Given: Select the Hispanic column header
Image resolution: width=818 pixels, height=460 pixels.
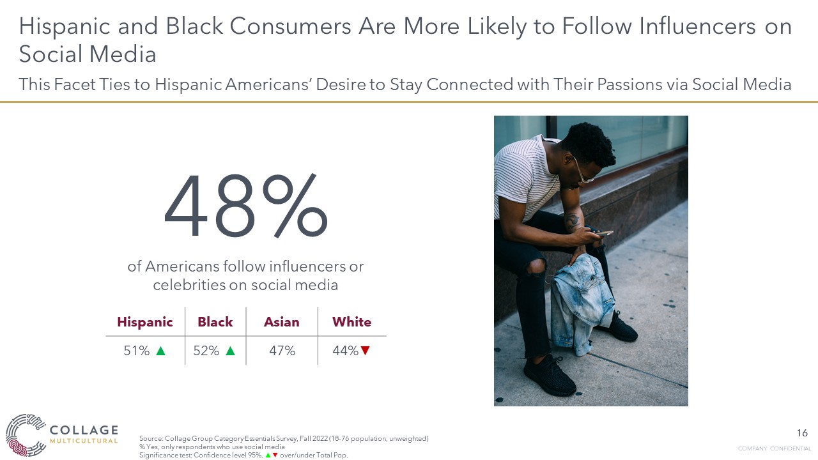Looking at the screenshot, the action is [145, 322].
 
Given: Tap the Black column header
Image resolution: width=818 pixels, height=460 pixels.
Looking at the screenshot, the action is [215, 321].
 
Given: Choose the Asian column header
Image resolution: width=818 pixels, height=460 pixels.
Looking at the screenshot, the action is [282, 322].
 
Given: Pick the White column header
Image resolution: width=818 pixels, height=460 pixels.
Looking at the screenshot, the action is [351, 321].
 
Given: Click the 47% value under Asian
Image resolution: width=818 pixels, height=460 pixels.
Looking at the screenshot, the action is [282, 351].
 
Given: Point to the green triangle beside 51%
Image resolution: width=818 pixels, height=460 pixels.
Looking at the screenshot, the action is [160, 351].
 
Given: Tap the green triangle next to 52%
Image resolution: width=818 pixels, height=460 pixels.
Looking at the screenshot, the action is [231, 351].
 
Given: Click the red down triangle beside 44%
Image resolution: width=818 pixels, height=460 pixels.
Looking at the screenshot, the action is [365, 351].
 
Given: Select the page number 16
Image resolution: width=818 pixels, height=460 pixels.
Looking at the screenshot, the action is [802, 433].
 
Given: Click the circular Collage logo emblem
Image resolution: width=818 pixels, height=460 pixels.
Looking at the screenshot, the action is [25, 435].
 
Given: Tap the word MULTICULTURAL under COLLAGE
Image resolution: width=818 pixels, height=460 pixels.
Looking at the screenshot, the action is [84, 441].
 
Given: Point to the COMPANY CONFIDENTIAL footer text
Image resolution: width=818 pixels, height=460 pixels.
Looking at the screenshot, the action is [774, 448].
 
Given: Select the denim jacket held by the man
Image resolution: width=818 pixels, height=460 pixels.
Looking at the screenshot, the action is [581, 303].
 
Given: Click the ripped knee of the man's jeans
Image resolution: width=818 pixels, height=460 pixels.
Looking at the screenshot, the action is [536, 267].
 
